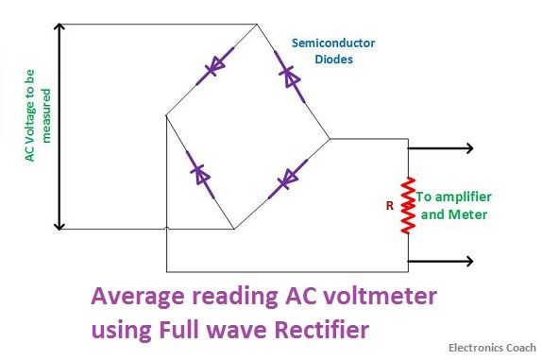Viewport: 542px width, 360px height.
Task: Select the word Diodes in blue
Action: point(332,59)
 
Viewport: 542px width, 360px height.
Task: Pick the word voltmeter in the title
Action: point(383,298)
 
